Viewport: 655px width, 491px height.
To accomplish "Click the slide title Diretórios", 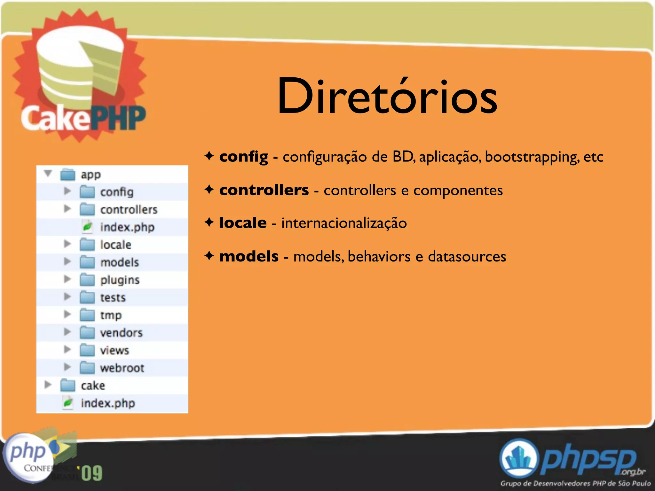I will [x=387, y=96].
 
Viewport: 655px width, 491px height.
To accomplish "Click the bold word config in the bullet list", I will [x=243, y=157].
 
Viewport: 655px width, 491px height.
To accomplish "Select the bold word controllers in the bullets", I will [x=264, y=190].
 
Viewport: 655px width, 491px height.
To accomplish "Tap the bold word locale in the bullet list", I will [x=243, y=223].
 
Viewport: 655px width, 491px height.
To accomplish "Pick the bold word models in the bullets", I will [x=249, y=256].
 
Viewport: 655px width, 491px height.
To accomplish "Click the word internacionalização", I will [x=344, y=223].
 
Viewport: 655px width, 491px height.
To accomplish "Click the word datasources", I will [x=467, y=256].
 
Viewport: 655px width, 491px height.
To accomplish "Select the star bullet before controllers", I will [x=209, y=190].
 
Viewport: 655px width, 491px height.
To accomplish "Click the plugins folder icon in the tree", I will [x=87, y=280].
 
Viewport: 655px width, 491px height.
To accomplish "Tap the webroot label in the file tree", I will [x=122, y=368].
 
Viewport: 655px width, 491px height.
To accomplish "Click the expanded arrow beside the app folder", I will [x=48, y=174].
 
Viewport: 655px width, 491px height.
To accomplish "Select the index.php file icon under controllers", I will [x=87, y=227].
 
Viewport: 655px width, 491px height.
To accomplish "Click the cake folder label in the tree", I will [x=93, y=386].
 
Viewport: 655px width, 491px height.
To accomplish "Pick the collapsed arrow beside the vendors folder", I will [x=67, y=332].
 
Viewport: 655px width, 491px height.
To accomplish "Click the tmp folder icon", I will [x=87, y=315].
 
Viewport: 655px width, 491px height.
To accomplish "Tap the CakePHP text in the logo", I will [x=83, y=118].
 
